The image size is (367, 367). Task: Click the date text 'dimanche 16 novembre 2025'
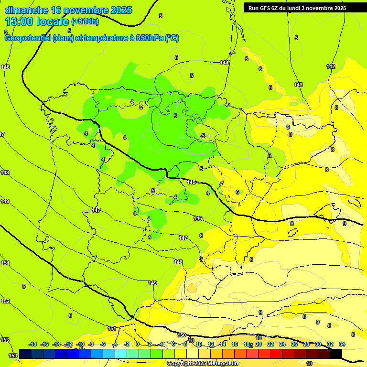tap(68, 10)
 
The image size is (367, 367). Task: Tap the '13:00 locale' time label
tap(37, 22)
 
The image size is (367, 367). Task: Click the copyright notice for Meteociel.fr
tap(203, 363)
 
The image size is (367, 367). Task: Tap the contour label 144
tap(224, 63)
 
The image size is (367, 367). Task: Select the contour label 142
tap(331, 66)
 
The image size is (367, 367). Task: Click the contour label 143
tap(298, 85)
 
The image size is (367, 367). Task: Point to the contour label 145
tap(191, 183)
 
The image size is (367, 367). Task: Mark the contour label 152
tap(5, 301)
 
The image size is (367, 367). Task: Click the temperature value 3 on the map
tap(175, 116)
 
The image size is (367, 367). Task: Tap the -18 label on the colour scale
tap(33, 344)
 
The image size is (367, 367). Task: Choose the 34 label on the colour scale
tap(342, 344)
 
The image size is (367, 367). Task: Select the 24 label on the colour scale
tap(282, 344)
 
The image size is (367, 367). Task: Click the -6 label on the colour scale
tap(103, 344)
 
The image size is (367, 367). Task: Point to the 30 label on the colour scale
tap(318, 344)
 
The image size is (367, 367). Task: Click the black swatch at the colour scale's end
tap(336, 354)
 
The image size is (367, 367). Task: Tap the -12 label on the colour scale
tap(68, 344)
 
